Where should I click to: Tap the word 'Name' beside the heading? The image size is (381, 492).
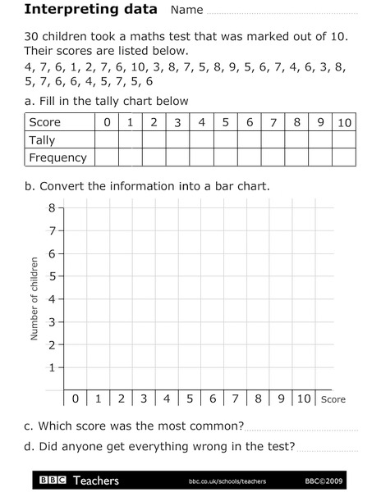[186, 11]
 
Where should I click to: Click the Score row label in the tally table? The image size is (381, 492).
[45, 123]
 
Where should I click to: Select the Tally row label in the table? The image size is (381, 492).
[44, 140]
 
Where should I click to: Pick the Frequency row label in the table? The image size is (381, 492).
[57, 157]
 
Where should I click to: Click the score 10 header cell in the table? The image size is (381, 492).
[345, 123]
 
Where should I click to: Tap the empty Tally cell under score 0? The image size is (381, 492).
[106, 140]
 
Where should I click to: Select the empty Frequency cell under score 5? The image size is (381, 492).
[226, 157]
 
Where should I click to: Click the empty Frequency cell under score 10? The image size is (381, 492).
[345, 157]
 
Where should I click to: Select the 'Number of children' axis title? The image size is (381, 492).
[34, 298]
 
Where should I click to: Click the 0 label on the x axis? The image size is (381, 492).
[76, 399]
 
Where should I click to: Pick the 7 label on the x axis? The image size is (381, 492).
[236, 399]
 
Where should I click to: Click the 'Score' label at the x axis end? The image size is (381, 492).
[333, 400]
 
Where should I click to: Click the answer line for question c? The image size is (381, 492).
[301, 428]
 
